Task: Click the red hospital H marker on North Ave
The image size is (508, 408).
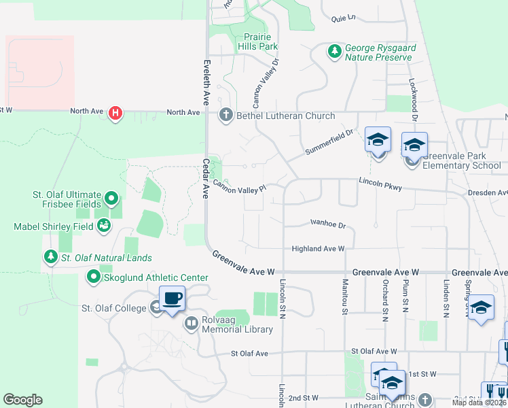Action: tap(115, 113)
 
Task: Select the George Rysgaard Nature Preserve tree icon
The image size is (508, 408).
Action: tap(334, 52)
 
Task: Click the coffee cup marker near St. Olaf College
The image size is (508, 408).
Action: tap(172, 298)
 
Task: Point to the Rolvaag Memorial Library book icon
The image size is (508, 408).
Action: tap(191, 324)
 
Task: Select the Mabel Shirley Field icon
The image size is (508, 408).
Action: tap(104, 225)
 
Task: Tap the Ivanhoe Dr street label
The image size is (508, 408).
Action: tap(328, 223)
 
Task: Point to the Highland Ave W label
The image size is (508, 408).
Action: tap(319, 249)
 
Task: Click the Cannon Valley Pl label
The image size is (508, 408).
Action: tap(239, 186)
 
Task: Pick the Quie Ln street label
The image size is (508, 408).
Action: tap(344, 18)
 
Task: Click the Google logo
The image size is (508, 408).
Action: tap(22, 400)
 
